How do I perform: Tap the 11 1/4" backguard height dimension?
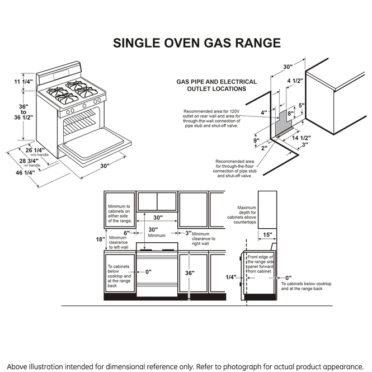coord(23,82)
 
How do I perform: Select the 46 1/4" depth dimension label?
coord(25,173)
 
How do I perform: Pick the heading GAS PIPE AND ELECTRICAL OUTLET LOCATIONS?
coord(216,85)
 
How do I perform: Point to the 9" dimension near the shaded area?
coord(256,140)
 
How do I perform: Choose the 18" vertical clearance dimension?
coord(100,239)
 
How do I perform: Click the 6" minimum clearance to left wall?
coord(127,233)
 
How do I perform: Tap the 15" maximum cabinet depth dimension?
coord(267,234)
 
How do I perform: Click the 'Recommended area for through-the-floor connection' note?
coord(233,168)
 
